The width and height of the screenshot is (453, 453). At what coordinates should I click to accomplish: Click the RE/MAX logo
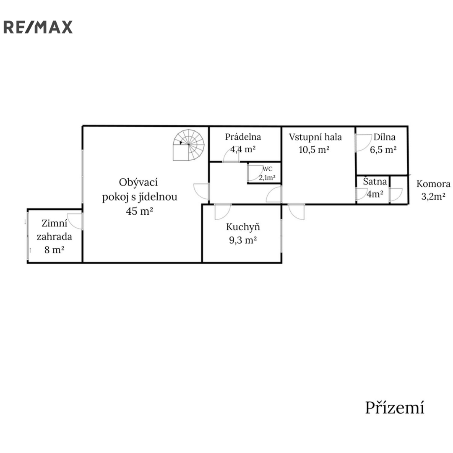click(x=38, y=27)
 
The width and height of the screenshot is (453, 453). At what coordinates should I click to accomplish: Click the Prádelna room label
click(x=243, y=137)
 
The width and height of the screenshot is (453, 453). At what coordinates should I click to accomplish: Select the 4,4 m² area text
click(x=243, y=149)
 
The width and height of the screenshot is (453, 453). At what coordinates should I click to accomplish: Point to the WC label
click(x=267, y=169)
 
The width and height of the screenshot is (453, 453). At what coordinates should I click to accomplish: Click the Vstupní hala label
click(x=315, y=137)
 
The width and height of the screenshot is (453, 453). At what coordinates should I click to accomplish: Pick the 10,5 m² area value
click(x=314, y=150)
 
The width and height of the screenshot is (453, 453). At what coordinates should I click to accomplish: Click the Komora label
click(x=434, y=184)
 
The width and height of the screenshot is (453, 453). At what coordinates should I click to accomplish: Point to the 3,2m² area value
click(x=433, y=196)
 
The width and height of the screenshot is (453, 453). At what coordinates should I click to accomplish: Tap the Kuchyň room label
click(x=243, y=227)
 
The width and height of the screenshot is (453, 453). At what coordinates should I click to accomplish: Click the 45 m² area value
click(x=139, y=211)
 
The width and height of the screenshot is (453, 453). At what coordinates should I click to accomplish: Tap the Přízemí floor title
click(x=395, y=407)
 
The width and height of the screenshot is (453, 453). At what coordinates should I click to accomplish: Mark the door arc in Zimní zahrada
click(x=75, y=221)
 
